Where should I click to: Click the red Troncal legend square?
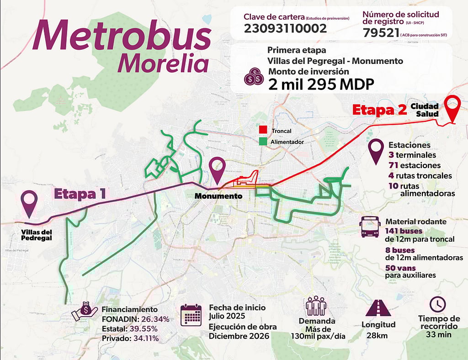coord(263,130)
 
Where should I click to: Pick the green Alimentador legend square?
coord(263,142)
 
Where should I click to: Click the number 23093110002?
coord(285,29)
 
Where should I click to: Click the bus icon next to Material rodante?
coord(370,227)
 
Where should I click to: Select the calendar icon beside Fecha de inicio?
coord(191,315)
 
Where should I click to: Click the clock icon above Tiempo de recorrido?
coord(438,304)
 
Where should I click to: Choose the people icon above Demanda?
coord(315,306)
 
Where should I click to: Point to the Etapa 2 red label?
coord(379,110)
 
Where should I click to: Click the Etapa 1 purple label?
coord(80,194)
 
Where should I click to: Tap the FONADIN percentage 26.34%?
coord(155,319)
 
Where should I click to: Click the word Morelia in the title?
coord(163,64)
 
